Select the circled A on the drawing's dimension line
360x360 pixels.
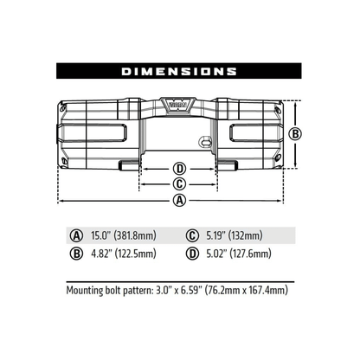[179, 200]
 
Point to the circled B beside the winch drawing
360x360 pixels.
[294, 133]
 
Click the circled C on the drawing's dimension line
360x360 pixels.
[179, 183]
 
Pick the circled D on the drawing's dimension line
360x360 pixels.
[179, 168]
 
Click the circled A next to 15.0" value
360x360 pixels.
[77, 235]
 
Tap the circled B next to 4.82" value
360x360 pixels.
[77, 254]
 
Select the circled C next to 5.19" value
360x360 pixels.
[191, 235]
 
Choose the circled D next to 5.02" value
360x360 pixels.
[191, 254]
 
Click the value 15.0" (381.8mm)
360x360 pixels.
[124, 235]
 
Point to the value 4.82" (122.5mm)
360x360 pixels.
[124, 254]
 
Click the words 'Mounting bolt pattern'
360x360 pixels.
[107, 292]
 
